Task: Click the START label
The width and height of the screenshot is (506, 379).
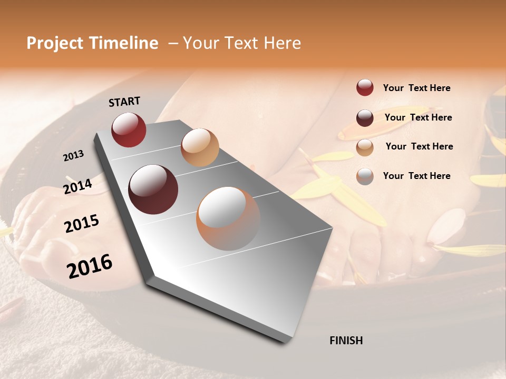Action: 124,101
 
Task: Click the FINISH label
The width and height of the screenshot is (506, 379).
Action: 346,341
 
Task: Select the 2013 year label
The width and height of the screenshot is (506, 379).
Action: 73,156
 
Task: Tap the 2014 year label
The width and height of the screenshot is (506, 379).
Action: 77,186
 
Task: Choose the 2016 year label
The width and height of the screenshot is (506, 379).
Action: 90,266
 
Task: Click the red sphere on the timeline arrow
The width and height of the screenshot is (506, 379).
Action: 129,130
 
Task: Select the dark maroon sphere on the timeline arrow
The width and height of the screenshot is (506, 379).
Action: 153,189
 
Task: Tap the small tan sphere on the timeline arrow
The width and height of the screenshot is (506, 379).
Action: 200,147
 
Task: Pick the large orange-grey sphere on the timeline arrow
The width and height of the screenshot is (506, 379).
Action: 228,218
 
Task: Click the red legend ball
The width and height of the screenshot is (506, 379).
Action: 365,88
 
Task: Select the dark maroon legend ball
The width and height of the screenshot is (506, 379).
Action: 365,118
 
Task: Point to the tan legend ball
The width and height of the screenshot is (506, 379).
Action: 365,147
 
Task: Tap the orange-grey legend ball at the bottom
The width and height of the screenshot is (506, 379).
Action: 365,176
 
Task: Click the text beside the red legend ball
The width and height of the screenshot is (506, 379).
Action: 416,88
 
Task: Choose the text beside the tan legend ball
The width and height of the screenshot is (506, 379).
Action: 419,146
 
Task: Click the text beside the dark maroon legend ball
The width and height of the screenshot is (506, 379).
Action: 418,117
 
